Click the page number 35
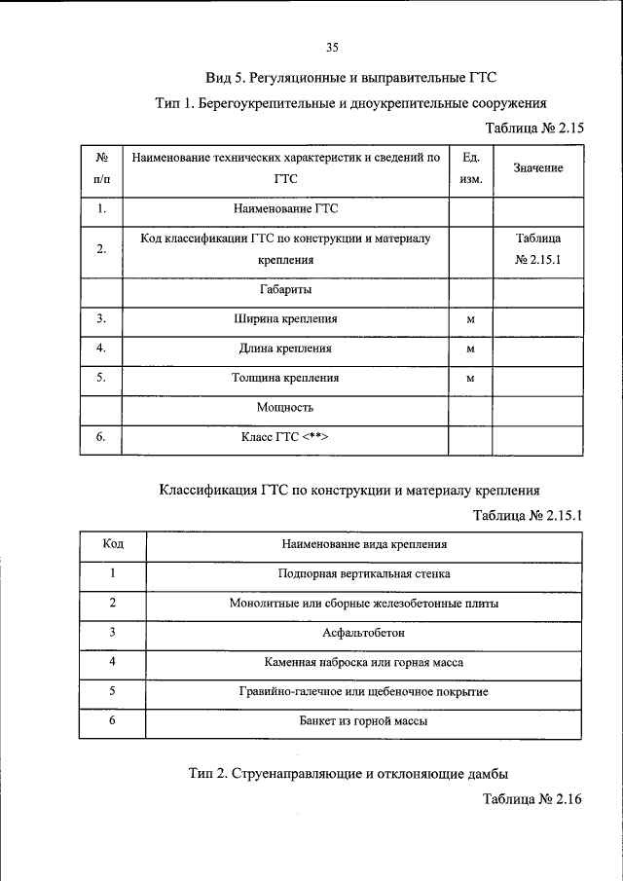pyautogui.click(x=332, y=47)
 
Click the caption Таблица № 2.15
pyautogui.click(x=533, y=128)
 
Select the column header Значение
pyautogui.click(x=538, y=168)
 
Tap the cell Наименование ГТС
pyautogui.click(x=285, y=208)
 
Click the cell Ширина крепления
pyautogui.click(x=285, y=318)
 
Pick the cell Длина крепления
pyautogui.click(x=285, y=348)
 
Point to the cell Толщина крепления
pyautogui.click(x=285, y=378)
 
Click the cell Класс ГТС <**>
pyautogui.click(x=285, y=438)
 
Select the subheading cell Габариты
pyautogui.click(x=285, y=289)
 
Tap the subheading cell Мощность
pyautogui.click(x=285, y=407)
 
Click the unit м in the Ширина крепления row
pyautogui.click(x=470, y=319)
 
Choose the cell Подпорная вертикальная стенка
pyautogui.click(x=364, y=574)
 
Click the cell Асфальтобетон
pyautogui.click(x=364, y=633)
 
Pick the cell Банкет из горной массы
pyautogui.click(x=364, y=721)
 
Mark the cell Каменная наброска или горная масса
pyautogui.click(x=364, y=662)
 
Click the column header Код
pyautogui.click(x=113, y=544)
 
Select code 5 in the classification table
pyautogui.click(x=113, y=691)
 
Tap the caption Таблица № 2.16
pyautogui.click(x=531, y=799)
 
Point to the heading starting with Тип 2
pyautogui.click(x=349, y=774)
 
